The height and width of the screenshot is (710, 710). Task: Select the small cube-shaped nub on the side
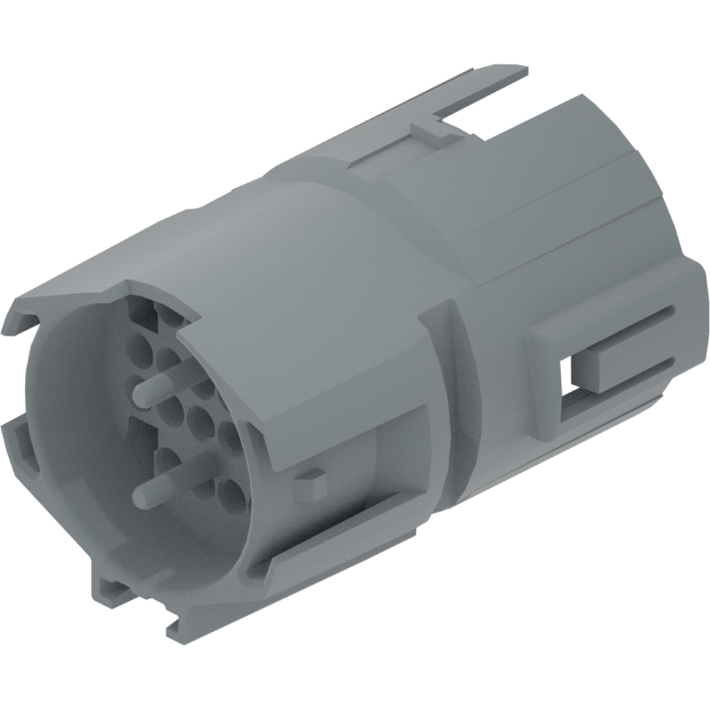pyautogui.click(x=311, y=485)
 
